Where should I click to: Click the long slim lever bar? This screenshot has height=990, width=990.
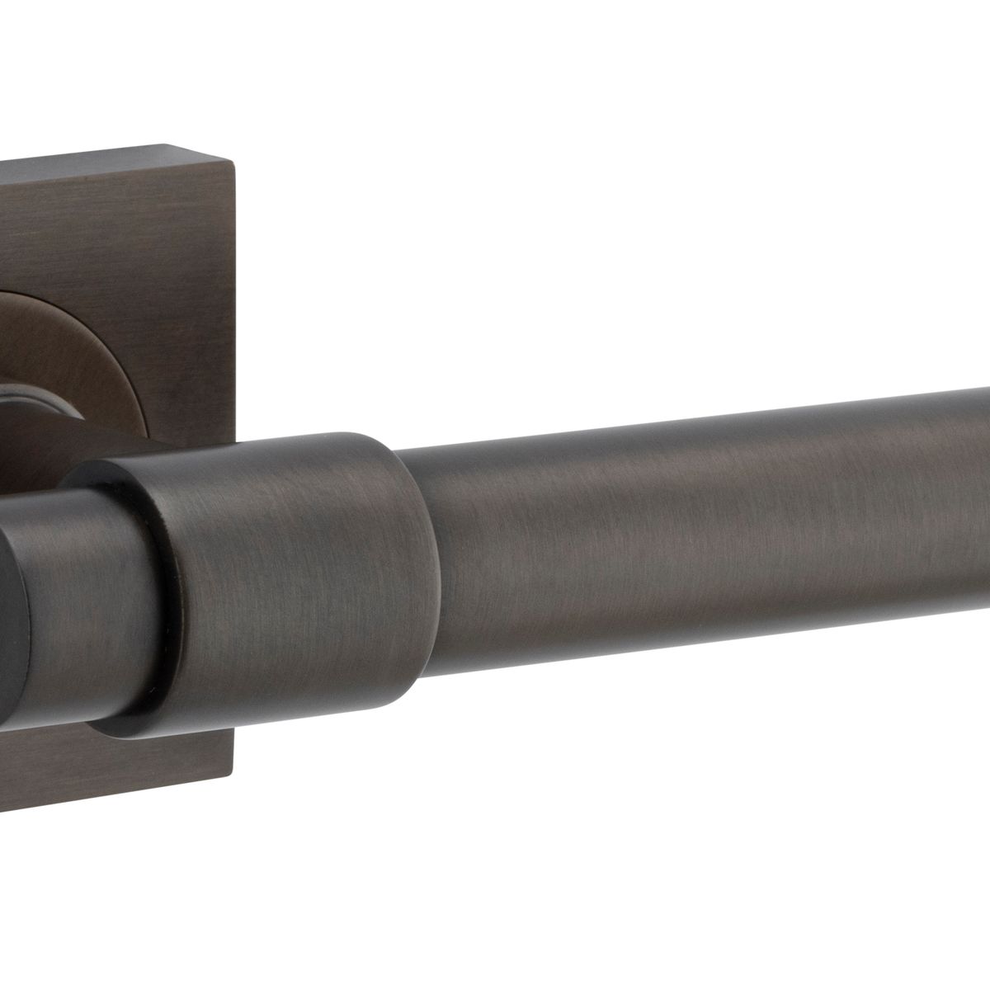(x=701, y=528)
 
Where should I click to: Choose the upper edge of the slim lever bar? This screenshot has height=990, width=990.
(x=701, y=421)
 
